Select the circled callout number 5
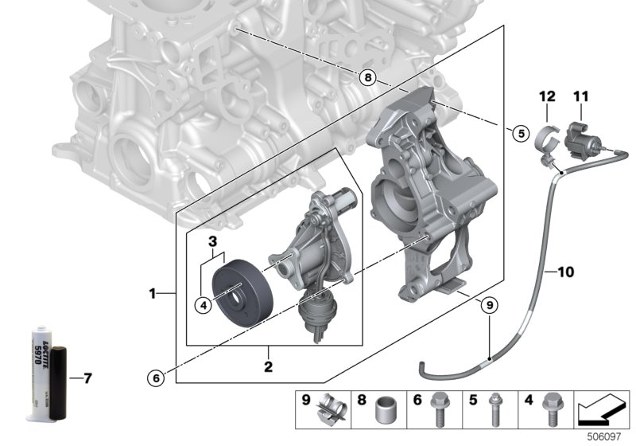pos(519,134)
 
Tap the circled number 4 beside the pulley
pos(204,303)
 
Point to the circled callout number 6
pos(157,377)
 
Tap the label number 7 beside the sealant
pos(87,378)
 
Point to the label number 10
pos(564,272)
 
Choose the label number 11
pos(580,96)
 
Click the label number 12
pos(546,96)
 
